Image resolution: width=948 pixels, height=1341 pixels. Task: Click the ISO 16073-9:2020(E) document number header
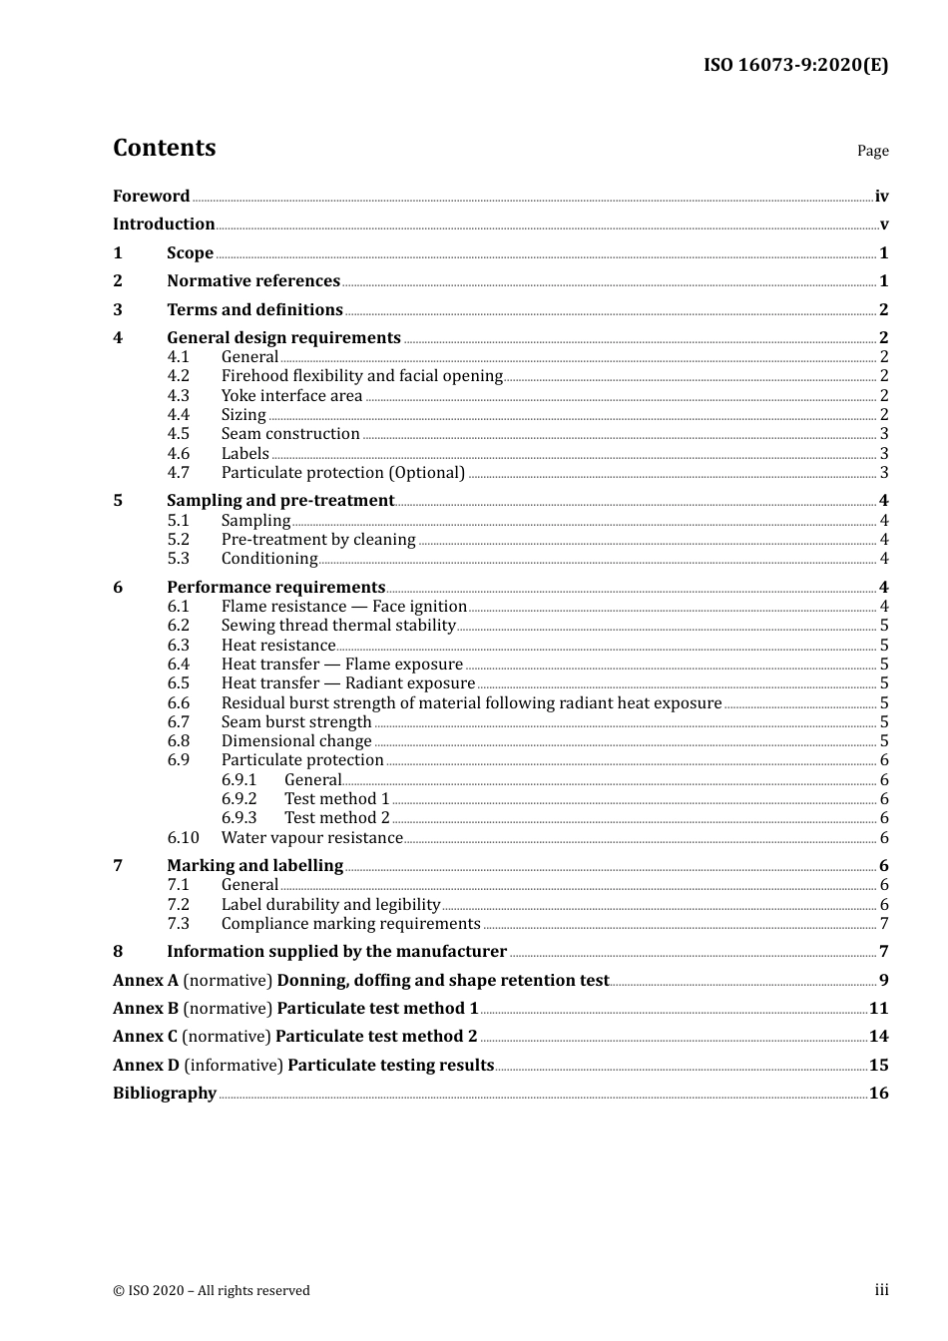tap(795, 66)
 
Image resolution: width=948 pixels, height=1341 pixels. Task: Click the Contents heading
tap(164, 148)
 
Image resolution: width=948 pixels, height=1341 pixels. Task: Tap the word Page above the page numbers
tap(872, 151)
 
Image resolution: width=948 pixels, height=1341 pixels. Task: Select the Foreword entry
tap(151, 197)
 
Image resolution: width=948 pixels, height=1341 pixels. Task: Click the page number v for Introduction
tap(884, 224)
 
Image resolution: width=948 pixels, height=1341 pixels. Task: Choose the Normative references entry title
tap(253, 281)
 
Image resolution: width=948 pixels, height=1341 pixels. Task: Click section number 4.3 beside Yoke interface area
tap(178, 396)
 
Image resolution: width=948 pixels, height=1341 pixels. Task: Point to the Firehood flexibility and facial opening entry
tap(361, 376)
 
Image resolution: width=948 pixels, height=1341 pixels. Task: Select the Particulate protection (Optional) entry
tap(343, 473)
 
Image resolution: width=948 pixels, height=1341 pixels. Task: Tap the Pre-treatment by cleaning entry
tap(318, 540)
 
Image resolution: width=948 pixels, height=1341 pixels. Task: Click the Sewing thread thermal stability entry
tap(338, 626)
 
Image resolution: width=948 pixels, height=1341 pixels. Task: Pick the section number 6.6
tap(178, 703)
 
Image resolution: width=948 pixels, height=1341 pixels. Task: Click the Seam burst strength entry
tap(296, 722)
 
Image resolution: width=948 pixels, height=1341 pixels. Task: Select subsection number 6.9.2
tap(238, 799)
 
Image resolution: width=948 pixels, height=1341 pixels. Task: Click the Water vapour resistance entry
tap(311, 838)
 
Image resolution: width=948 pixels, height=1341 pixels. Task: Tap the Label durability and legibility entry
tap(330, 905)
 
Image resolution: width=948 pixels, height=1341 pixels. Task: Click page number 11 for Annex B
tap(878, 1009)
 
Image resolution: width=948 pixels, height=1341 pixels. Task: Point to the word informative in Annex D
tap(234, 1066)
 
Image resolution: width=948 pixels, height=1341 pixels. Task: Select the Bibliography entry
tap(165, 1094)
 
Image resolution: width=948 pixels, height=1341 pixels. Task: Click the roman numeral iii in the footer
tap(881, 1290)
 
